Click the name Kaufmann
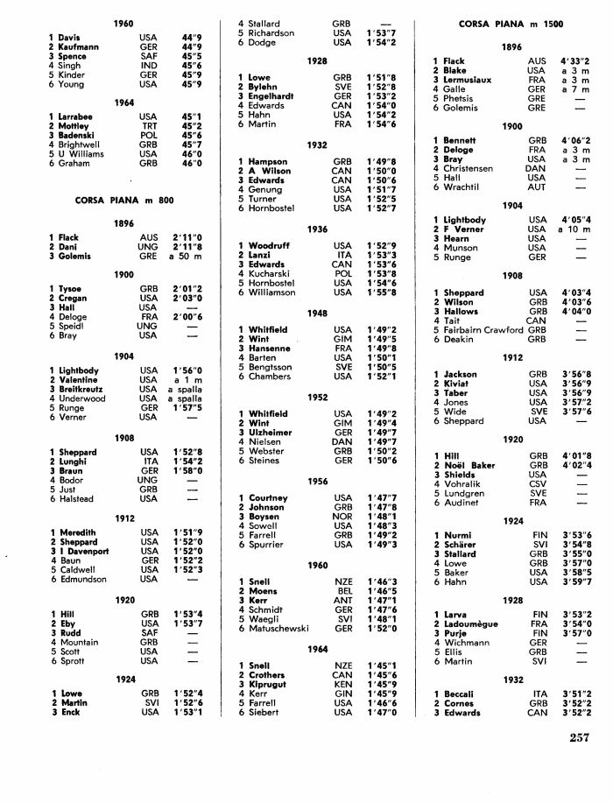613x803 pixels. point(78,47)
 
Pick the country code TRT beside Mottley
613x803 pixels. point(148,126)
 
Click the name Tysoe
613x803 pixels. point(72,289)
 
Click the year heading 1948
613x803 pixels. point(317,313)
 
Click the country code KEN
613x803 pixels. point(342,684)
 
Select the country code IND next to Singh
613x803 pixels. point(148,66)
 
